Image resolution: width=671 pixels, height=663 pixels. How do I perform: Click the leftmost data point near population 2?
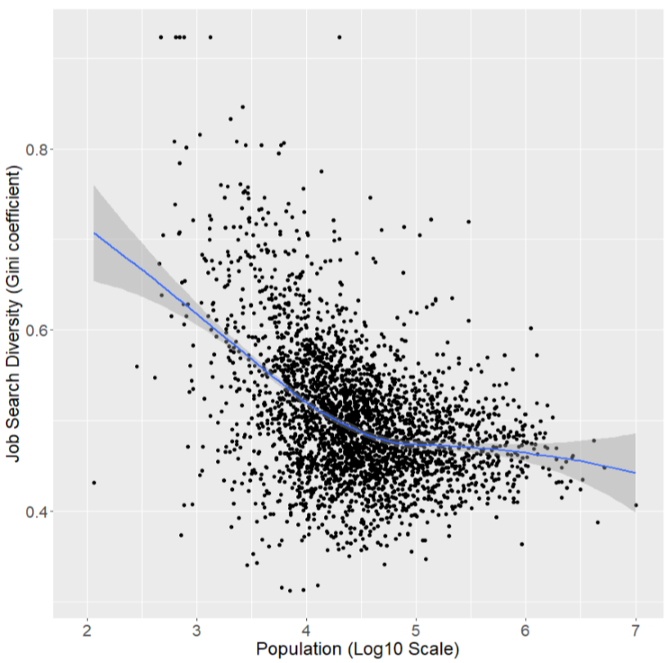[93, 482]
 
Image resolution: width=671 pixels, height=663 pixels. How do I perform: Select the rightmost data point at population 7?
[635, 504]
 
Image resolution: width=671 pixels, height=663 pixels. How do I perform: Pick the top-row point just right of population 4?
[339, 37]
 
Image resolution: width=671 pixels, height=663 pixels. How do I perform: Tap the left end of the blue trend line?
[94, 233]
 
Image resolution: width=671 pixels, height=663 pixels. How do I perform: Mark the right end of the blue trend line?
[635, 473]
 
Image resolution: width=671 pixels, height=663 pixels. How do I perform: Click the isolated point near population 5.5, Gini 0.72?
[468, 222]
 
